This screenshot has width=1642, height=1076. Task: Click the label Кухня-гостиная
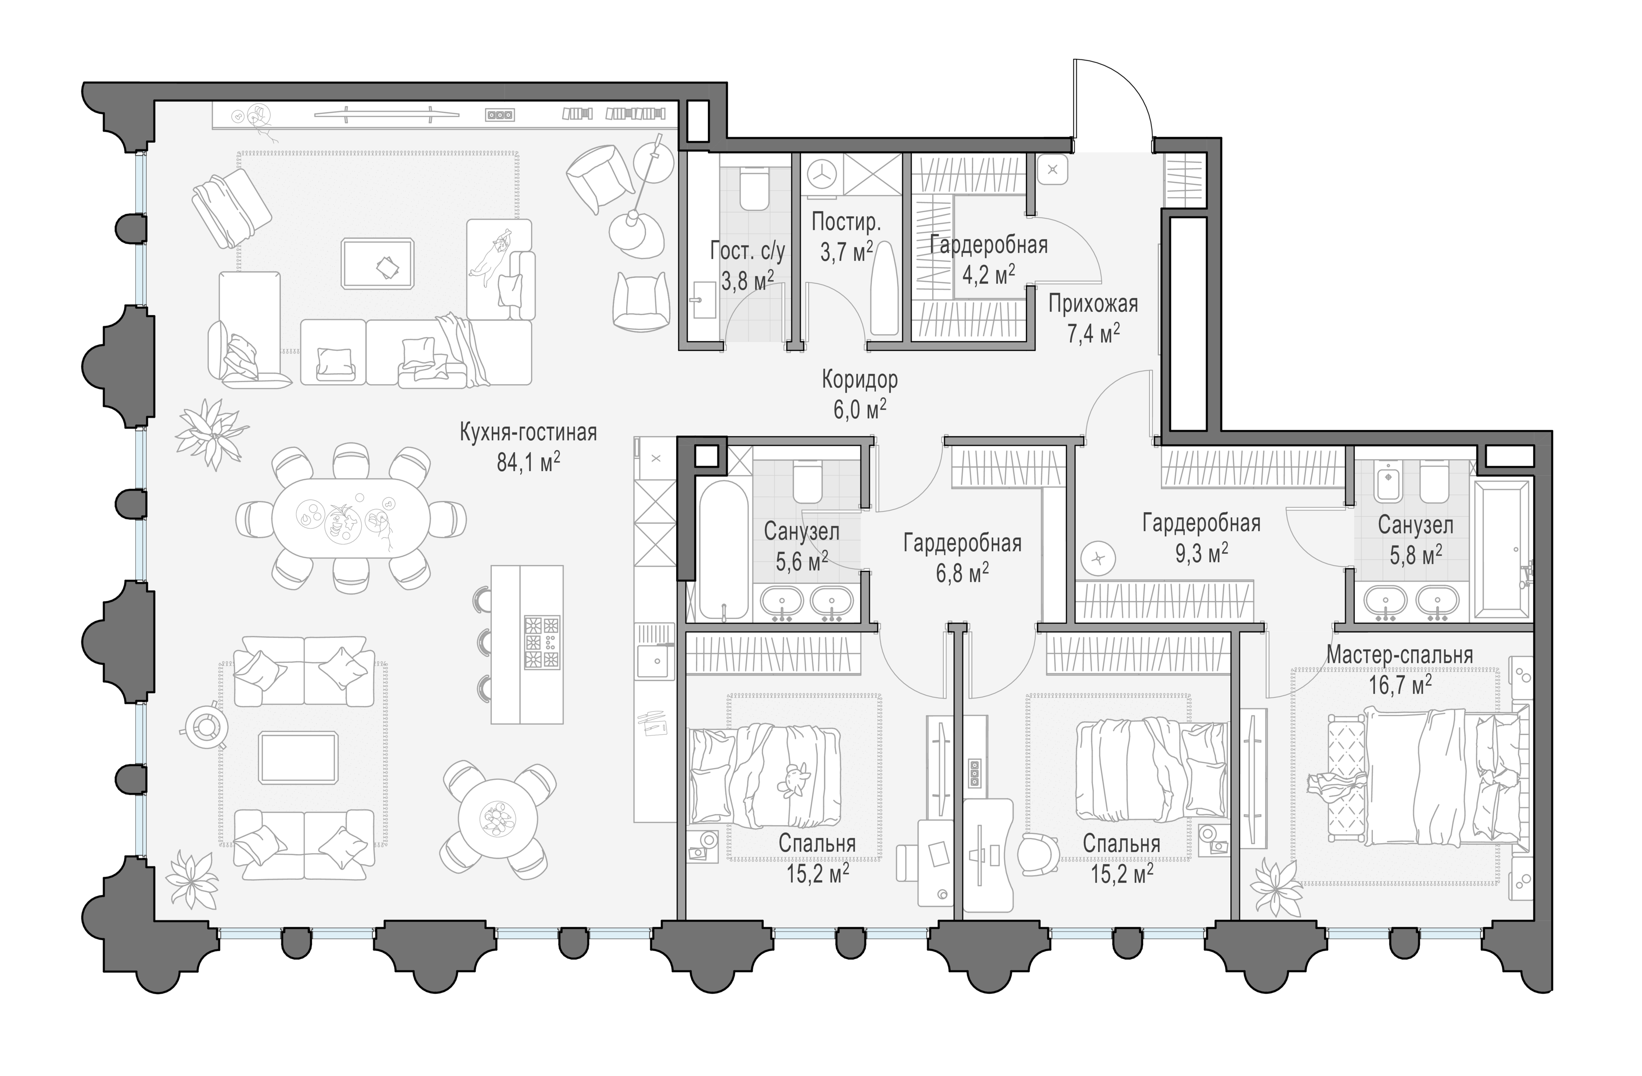pos(528,433)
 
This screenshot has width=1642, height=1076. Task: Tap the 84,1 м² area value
pos(528,461)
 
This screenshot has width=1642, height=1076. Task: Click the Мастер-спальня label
pos(1400,655)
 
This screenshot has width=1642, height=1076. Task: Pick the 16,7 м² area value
pos(1400,685)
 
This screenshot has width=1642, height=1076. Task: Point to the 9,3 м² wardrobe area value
pos(1201,553)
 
